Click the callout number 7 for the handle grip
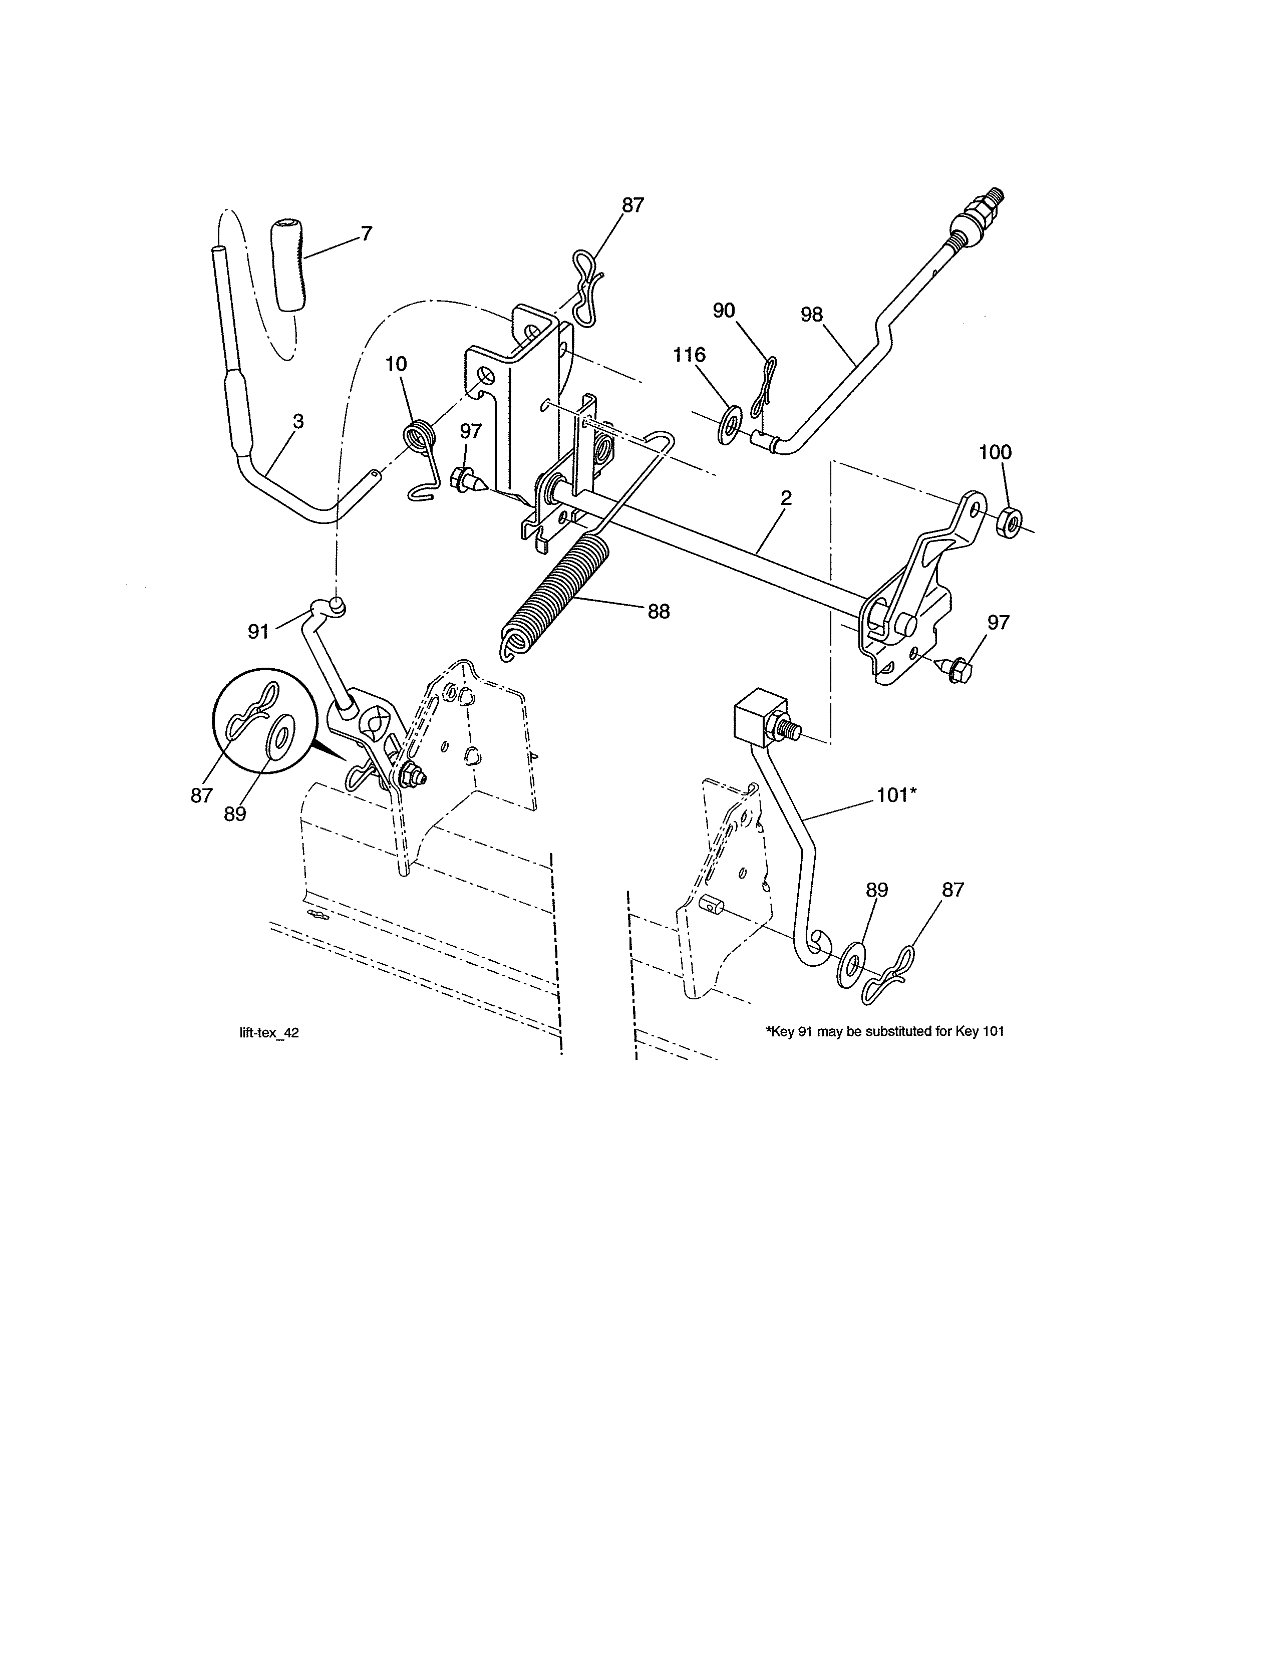click(x=366, y=234)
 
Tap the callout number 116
click(x=689, y=355)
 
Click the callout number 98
click(x=812, y=315)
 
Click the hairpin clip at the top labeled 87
click(x=586, y=288)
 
